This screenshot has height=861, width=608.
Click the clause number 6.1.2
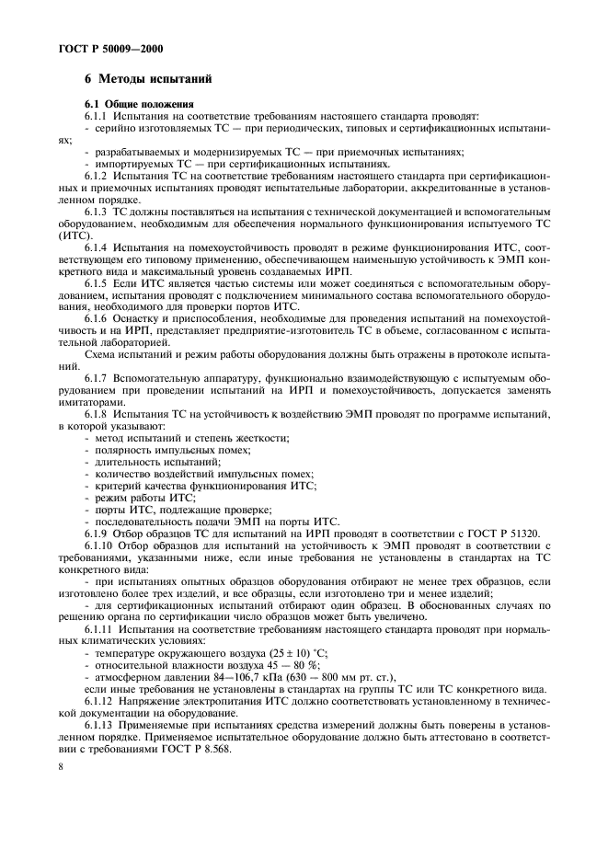click(x=98, y=175)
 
